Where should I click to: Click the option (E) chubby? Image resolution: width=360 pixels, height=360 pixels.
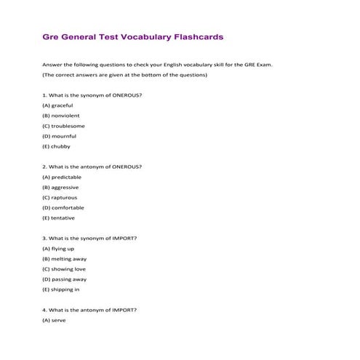56,146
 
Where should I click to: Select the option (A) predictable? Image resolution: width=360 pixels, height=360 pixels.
62,177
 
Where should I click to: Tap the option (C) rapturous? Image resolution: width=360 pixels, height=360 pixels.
60,197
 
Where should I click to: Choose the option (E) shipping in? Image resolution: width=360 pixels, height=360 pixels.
61,289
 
